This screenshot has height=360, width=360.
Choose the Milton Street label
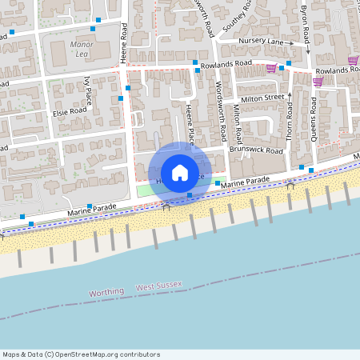coord(263,98)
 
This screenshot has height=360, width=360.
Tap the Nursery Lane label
coord(262,41)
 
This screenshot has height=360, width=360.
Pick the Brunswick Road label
coord(256,150)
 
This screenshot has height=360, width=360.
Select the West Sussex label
coord(159,286)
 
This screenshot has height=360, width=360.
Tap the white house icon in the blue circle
coord(179,172)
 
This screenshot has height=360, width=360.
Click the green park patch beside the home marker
coord(144,190)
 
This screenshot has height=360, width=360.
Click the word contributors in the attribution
coord(142,354)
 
